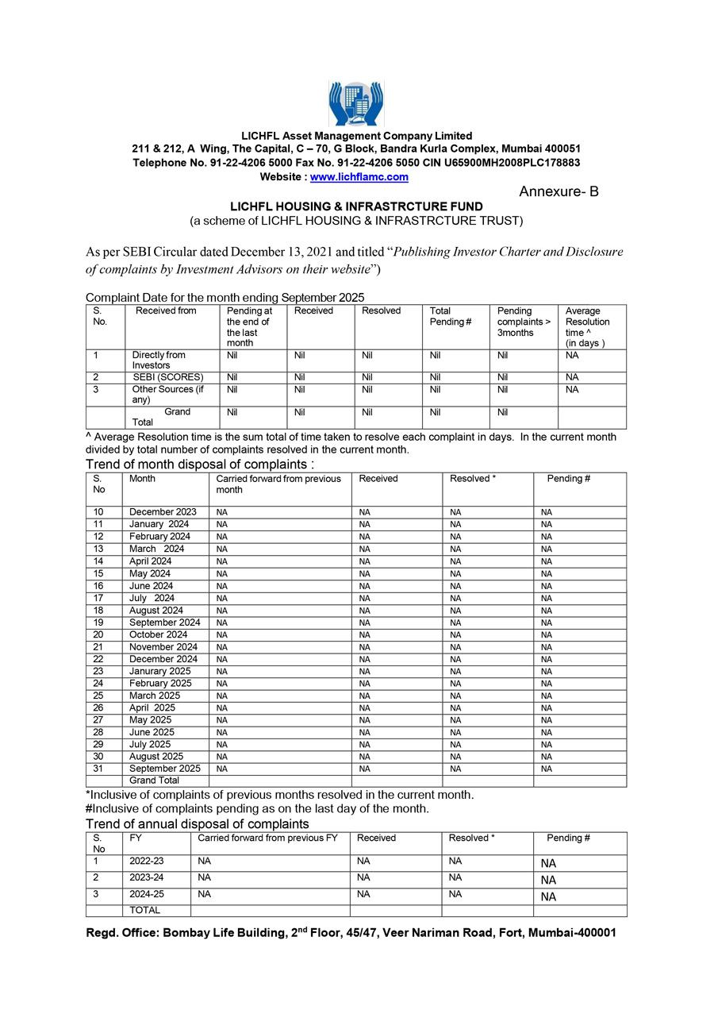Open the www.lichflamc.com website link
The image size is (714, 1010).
(359, 177)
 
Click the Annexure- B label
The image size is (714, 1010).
(559, 192)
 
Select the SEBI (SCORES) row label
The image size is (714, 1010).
(167, 377)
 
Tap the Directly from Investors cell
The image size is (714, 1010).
(159, 360)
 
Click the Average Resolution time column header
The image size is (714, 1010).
(587, 326)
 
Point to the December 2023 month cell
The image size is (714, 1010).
(163, 512)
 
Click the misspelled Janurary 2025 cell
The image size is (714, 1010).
(159, 671)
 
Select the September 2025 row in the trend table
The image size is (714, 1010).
(164, 769)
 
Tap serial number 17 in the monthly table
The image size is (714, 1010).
(98, 598)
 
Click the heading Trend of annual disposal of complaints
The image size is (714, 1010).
(197, 823)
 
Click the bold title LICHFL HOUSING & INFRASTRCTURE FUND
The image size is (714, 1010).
(356, 206)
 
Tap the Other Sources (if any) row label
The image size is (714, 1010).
(167, 395)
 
